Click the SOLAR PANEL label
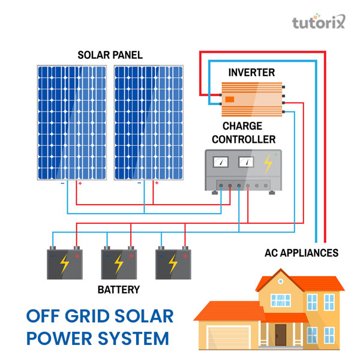pyautogui.click(x=110, y=55)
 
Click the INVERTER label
pyautogui.click(x=251, y=73)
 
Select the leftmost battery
pyautogui.click(x=64, y=263)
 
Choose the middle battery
pyautogui.click(x=118, y=263)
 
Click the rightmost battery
pyautogui.click(x=172, y=263)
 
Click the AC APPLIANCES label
pyautogui.click(x=301, y=253)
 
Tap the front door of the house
pyautogui.click(x=281, y=334)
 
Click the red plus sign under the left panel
pyautogui.click(x=80, y=184)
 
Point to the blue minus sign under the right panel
pyautogui.click(x=139, y=184)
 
